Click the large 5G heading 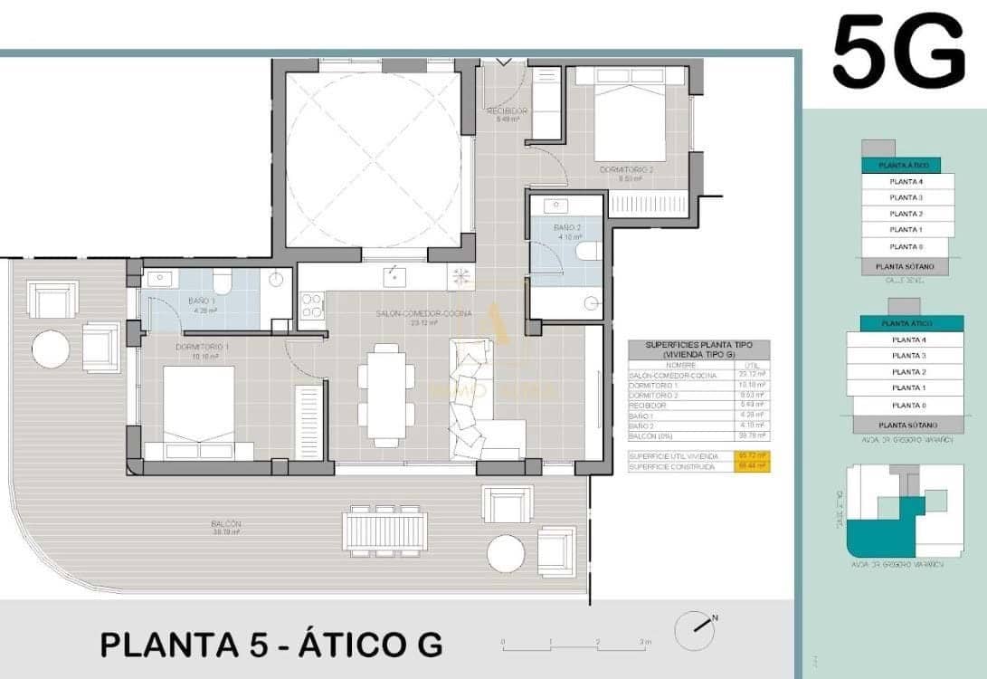[x=898, y=53]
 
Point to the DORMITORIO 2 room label [x=625, y=169]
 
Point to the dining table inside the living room [x=386, y=395]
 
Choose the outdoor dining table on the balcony [x=384, y=529]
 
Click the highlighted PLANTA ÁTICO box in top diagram [x=907, y=166]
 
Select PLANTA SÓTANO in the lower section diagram [x=905, y=425]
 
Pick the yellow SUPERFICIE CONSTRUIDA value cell [x=752, y=466]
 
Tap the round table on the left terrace [x=51, y=349]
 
